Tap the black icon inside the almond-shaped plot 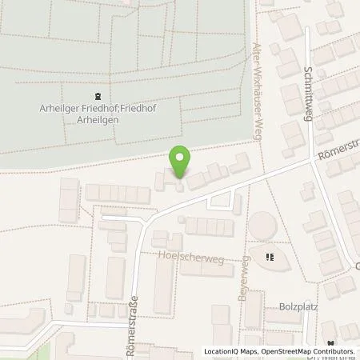click(x=270, y=257)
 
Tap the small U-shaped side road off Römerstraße click(x=218, y=203)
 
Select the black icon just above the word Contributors click(x=352, y=344)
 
